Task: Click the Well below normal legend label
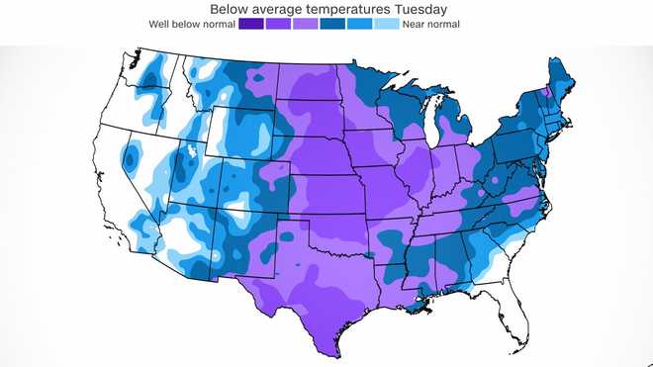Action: pos(192,23)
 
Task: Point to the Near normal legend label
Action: pos(431,23)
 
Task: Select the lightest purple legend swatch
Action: pos(306,23)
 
